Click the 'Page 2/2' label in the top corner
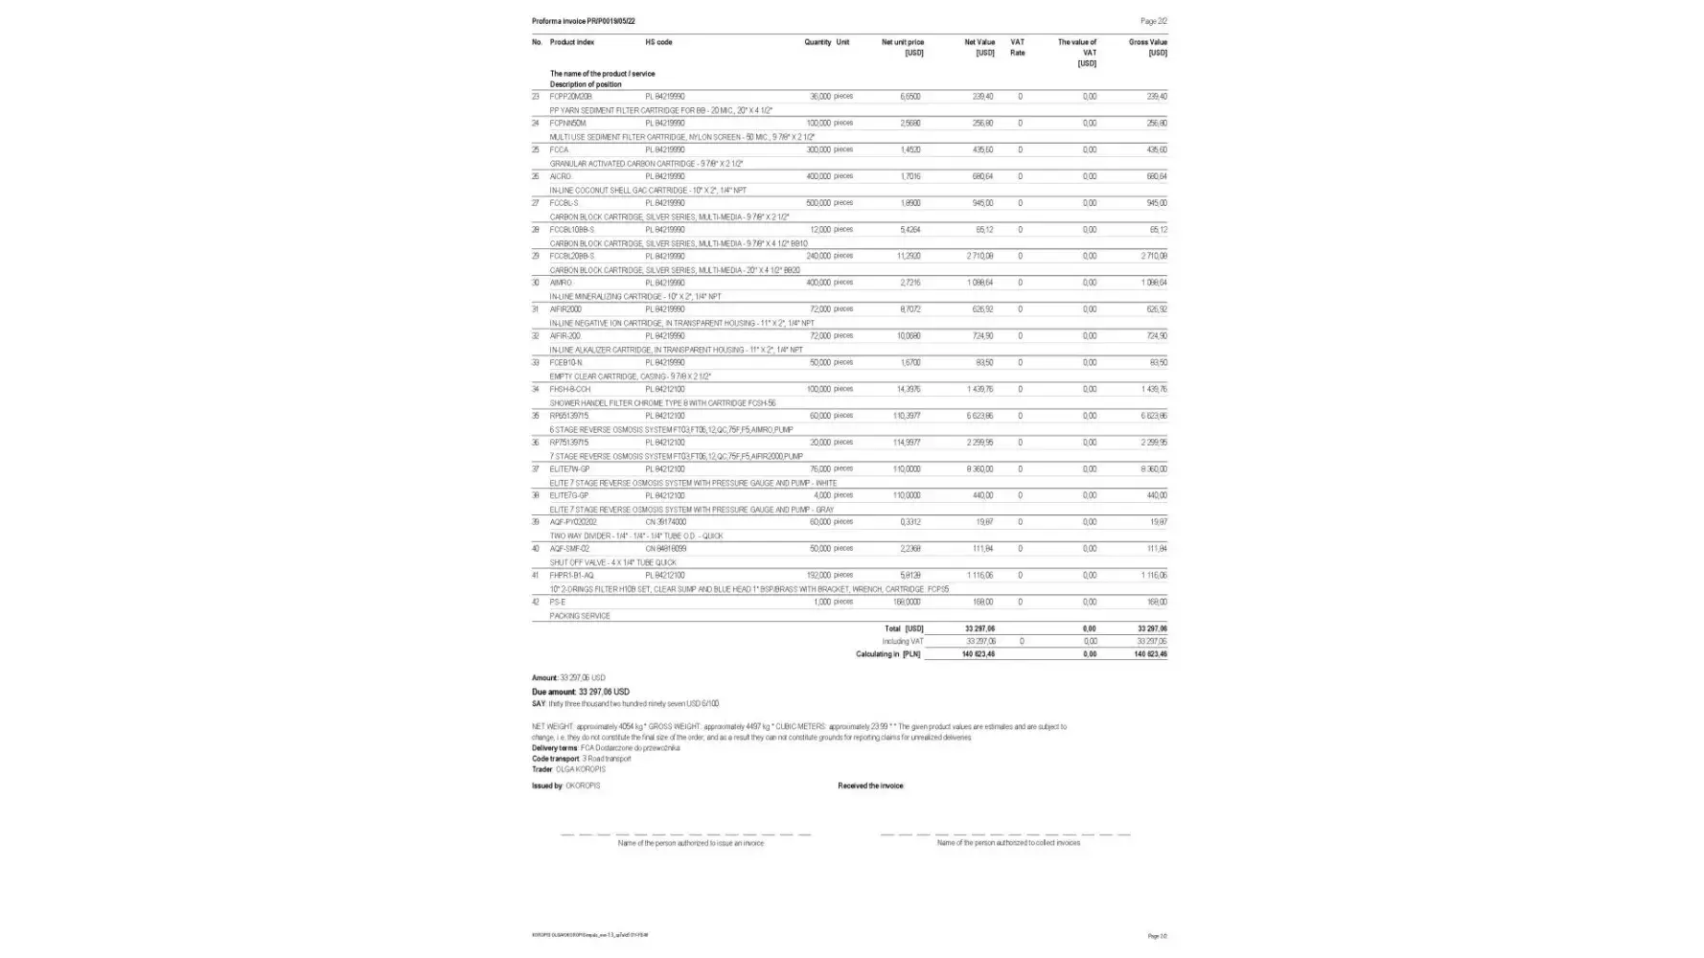1153,21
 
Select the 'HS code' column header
658,42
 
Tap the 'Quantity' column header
817,42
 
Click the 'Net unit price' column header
902,42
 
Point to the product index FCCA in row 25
559,149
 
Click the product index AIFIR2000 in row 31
565,309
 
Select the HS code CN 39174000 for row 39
665,522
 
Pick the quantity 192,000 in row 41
818,576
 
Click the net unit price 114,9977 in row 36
906,443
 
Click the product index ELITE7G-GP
569,496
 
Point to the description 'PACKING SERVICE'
580,616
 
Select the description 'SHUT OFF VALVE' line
612,562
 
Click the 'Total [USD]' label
904,629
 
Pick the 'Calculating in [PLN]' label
887,654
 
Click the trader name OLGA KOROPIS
581,769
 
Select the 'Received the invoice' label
870,786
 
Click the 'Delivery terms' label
555,748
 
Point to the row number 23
536,97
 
